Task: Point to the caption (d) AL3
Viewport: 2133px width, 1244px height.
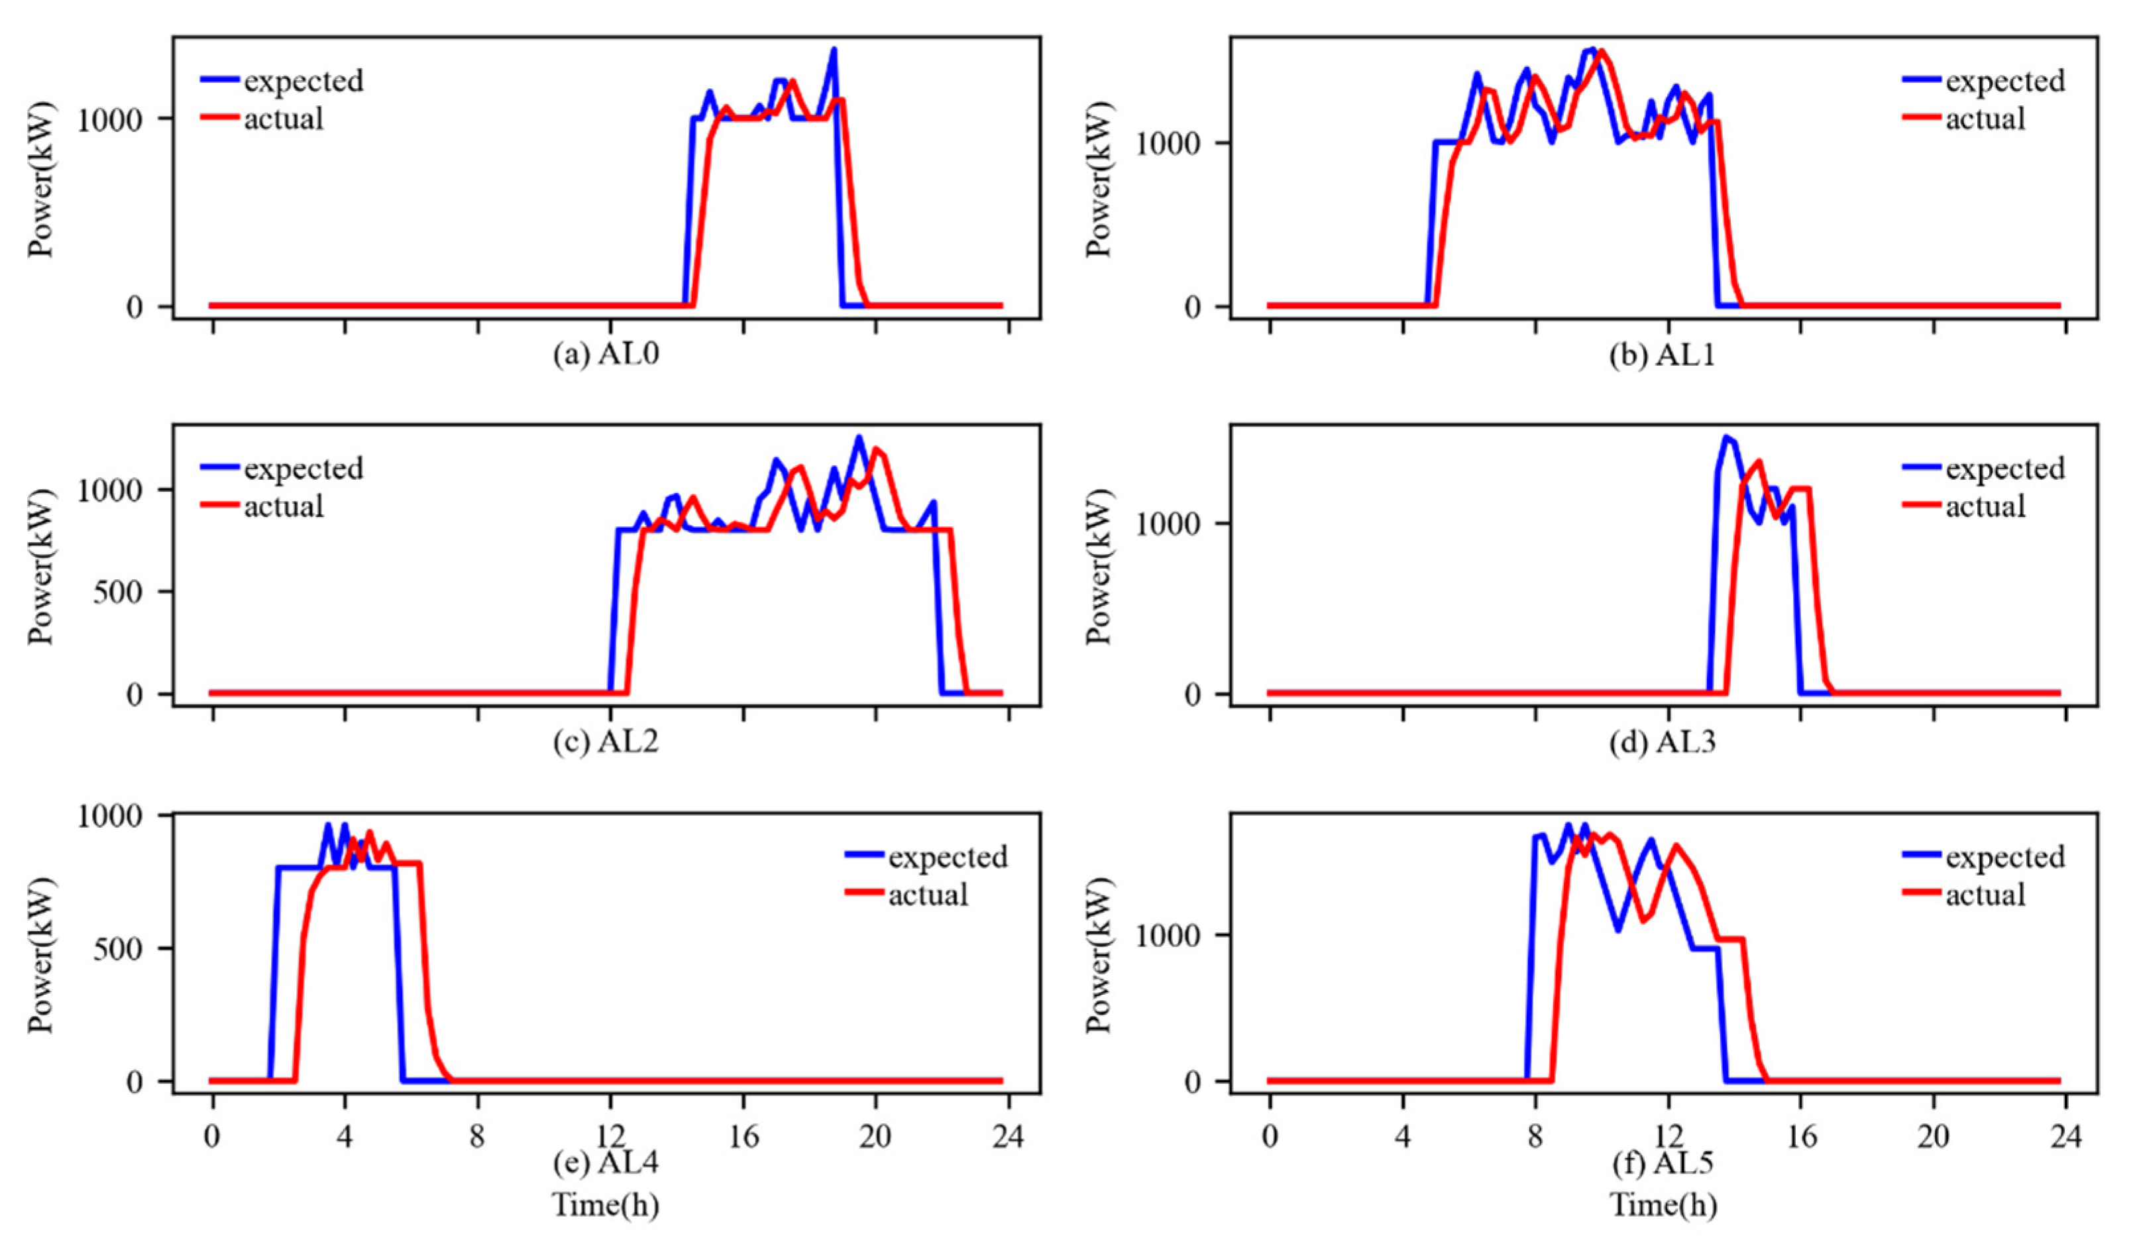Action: coord(1663,742)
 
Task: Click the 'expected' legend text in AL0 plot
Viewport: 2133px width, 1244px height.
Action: coord(303,82)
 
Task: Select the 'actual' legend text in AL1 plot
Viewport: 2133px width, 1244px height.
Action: coord(1985,119)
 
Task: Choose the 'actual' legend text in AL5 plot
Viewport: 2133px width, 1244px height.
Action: coord(1985,894)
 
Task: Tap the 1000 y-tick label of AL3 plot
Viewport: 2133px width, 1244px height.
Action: coord(1169,524)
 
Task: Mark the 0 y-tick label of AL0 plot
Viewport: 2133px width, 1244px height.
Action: coord(135,307)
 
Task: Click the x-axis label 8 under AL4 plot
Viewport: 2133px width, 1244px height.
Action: coord(477,1135)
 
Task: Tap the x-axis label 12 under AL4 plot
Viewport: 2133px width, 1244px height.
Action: coord(610,1135)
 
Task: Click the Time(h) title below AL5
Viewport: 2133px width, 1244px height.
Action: coord(1663,1204)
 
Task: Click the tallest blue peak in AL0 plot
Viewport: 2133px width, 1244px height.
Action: coord(833,50)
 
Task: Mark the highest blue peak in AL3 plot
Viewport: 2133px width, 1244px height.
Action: coord(1725,438)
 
